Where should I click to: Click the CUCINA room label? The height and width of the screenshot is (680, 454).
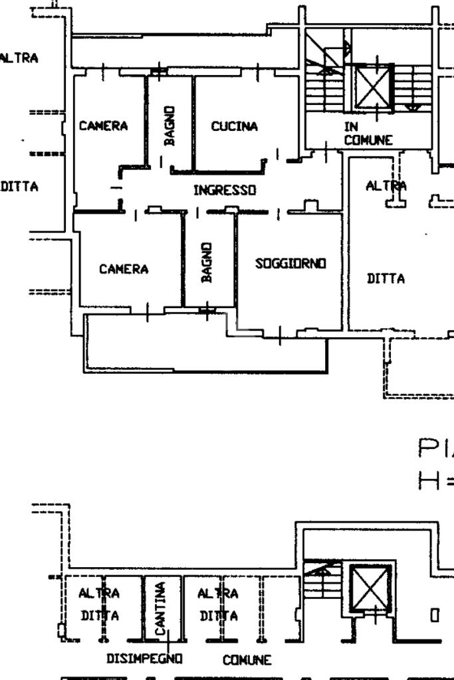tap(234, 126)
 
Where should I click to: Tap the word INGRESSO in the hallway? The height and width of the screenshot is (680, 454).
tap(225, 190)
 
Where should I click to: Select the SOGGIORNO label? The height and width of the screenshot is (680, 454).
tap(290, 264)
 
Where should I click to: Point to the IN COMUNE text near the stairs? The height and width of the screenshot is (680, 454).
tap(368, 133)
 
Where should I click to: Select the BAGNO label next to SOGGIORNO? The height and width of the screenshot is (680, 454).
tap(207, 262)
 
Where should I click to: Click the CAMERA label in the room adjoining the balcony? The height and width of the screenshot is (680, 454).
tap(124, 269)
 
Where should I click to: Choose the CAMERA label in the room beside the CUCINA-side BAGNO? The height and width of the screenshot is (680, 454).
tap(103, 126)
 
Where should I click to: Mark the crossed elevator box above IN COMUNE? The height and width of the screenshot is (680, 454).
tap(374, 86)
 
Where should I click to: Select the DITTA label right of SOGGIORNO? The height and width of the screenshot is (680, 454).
tap(386, 279)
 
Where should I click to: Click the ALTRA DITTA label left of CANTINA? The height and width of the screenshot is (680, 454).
tap(100, 604)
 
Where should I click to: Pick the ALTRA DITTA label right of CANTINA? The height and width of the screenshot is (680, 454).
tap(217, 604)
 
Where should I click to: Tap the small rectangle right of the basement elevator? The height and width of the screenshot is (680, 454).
tap(435, 616)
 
